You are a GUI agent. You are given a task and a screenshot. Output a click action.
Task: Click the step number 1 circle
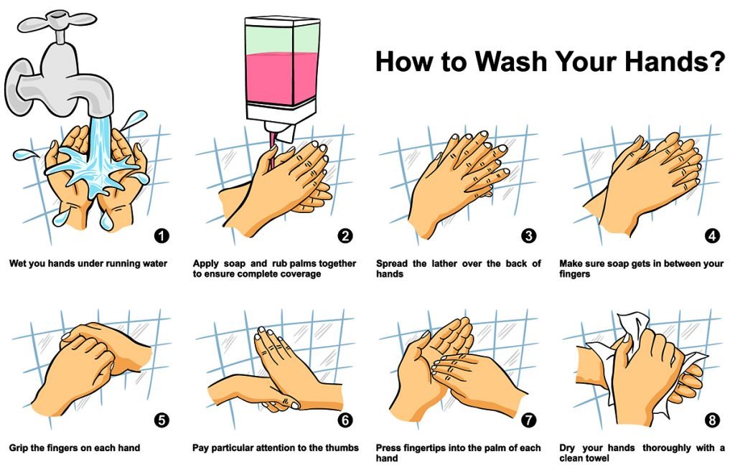[x=161, y=236]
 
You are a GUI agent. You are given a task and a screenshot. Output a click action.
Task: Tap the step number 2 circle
[x=345, y=236]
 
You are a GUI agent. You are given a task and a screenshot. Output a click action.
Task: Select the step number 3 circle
[x=529, y=236]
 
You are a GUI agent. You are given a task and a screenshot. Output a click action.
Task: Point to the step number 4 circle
[x=712, y=236]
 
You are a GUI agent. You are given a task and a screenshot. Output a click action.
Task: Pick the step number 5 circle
[x=161, y=420]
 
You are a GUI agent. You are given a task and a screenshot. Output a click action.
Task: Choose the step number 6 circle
[x=345, y=420]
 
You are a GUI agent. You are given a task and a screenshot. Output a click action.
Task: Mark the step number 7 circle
[x=529, y=420]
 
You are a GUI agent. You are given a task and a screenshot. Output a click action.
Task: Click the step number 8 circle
[x=712, y=420]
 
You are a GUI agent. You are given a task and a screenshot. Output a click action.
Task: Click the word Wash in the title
[x=510, y=61]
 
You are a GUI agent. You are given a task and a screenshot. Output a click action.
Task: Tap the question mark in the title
[x=716, y=61]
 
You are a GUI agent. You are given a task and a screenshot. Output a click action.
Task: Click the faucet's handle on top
[x=57, y=20]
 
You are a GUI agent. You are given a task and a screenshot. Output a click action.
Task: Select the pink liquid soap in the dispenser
[x=282, y=78]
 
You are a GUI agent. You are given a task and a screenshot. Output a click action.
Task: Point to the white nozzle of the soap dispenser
[x=279, y=131]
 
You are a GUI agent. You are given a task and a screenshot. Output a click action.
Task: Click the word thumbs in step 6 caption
[x=342, y=448]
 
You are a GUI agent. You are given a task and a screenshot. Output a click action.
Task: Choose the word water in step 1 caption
[x=155, y=264]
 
